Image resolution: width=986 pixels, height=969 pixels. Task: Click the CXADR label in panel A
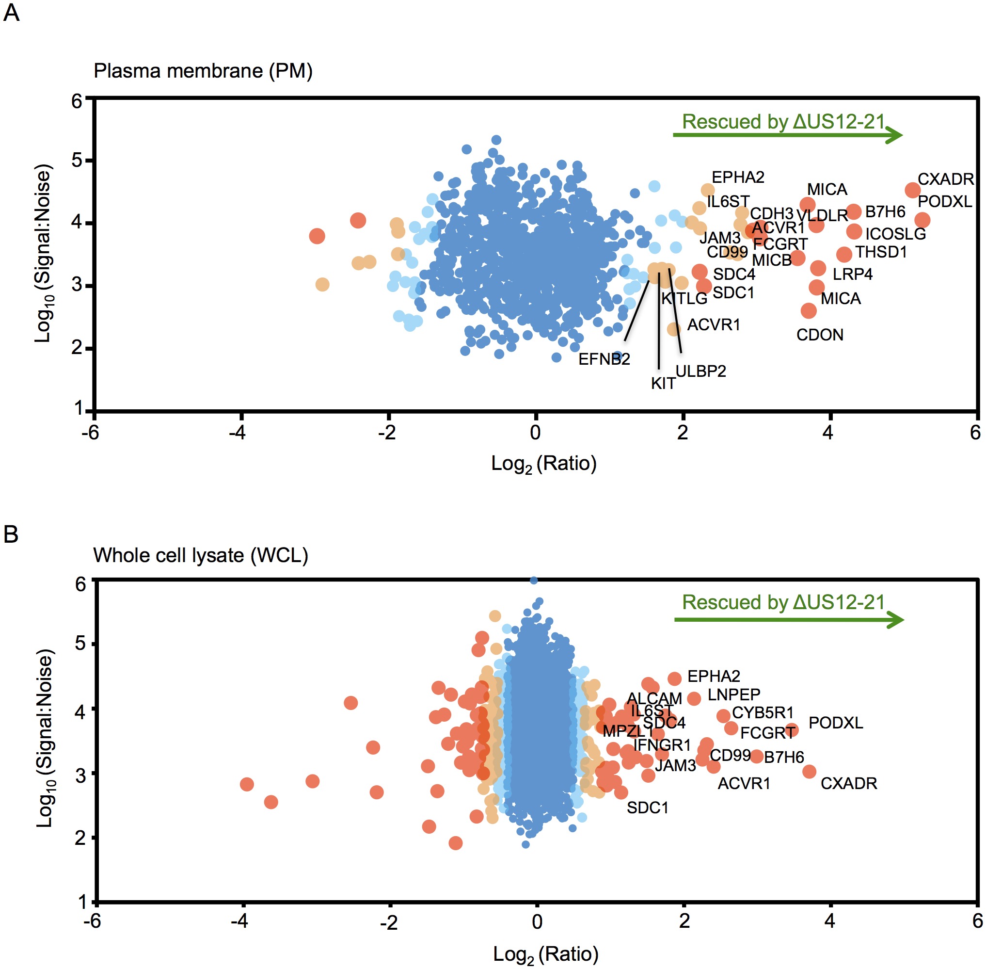[x=945, y=179]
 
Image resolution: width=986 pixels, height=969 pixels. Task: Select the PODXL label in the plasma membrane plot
[x=944, y=202]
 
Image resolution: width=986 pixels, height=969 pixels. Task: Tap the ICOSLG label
[x=895, y=234]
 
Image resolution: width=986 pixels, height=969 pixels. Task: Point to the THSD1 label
[x=881, y=252]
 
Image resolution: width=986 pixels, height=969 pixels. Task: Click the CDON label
[x=820, y=334]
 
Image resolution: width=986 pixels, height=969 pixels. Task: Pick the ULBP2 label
[x=700, y=371]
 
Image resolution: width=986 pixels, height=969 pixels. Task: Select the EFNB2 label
[x=604, y=359]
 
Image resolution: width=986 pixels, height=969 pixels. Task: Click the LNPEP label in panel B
[x=733, y=694]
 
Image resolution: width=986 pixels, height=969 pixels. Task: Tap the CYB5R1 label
[x=763, y=712]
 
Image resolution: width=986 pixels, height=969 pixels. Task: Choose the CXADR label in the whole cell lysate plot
[x=849, y=783]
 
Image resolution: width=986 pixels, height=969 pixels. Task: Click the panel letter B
[x=11, y=534]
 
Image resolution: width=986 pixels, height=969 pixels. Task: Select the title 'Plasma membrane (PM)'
[x=203, y=71]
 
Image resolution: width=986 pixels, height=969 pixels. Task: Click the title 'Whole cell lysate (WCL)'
[x=201, y=555]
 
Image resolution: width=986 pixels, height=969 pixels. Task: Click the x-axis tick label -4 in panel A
[x=237, y=432]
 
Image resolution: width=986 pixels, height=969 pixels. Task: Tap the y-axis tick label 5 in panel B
[x=80, y=643]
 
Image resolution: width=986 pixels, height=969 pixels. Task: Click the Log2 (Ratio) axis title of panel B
[x=545, y=954]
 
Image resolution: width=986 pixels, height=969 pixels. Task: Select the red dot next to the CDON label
[x=809, y=310]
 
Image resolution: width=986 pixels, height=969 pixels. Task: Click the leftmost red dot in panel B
[x=247, y=784]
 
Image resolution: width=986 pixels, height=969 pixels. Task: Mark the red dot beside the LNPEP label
[x=694, y=698]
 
